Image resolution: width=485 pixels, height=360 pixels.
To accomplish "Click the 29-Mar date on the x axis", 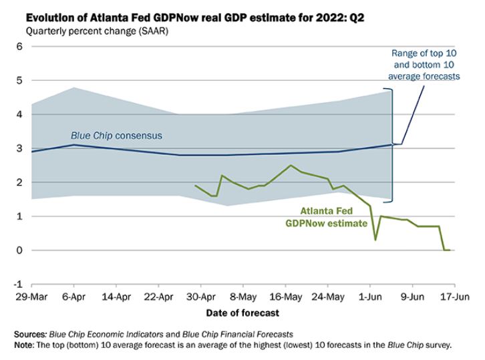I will point(31,296).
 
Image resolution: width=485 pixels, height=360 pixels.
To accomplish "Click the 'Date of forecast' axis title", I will point(242,312).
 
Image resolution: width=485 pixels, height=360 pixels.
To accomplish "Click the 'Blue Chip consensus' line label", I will point(116,136).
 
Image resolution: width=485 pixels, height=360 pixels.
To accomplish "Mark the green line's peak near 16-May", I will point(291,165).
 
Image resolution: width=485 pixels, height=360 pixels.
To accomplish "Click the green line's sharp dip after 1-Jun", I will point(375,239).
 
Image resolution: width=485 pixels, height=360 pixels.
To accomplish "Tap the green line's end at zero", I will point(447,250).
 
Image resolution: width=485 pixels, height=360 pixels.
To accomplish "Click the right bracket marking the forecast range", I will point(392,144).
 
